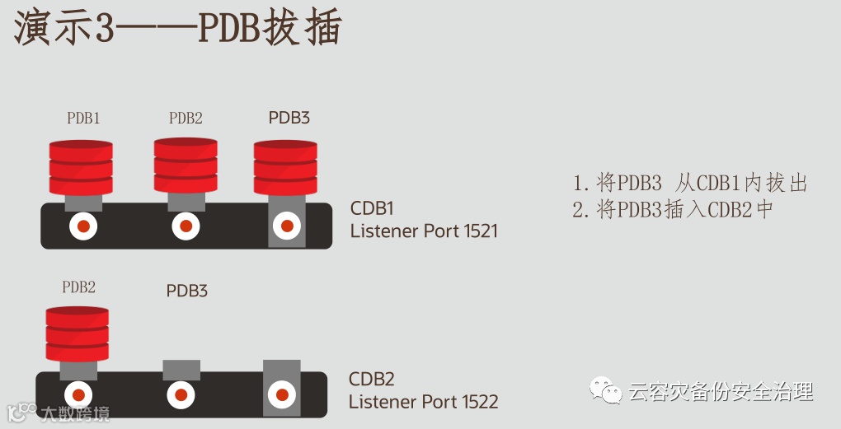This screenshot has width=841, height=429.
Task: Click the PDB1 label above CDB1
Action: pyautogui.click(x=83, y=119)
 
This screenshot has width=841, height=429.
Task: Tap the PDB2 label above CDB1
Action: pyautogui.click(x=186, y=119)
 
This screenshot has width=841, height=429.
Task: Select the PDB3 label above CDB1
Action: pyautogui.click(x=289, y=118)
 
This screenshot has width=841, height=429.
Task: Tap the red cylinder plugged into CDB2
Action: pyautogui.click(x=78, y=333)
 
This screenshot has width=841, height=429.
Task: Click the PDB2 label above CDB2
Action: pyautogui.click(x=78, y=287)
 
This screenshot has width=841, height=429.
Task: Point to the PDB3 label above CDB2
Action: pyautogui.click(x=186, y=291)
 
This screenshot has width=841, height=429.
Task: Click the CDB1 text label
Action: pyautogui.click(x=373, y=208)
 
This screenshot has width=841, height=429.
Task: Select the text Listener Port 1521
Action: pyautogui.click(x=424, y=231)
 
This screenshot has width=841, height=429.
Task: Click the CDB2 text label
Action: pyautogui.click(x=372, y=380)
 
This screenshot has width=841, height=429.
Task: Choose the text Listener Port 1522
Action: pyautogui.click(x=423, y=402)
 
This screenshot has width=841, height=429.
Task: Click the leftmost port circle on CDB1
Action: pyautogui.click(x=84, y=226)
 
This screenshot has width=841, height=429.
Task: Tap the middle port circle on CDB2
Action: pyautogui.click(x=181, y=394)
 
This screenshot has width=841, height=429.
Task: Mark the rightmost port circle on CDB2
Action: pyautogui.click(x=281, y=394)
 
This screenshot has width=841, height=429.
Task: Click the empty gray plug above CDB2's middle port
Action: pyautogui.click(x=181, y=370)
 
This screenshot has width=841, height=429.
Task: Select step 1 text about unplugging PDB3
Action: pyautogui.click(x=689, y=183)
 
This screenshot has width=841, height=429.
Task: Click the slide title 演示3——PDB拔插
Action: pyautogui.click(x=177, y=29)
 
